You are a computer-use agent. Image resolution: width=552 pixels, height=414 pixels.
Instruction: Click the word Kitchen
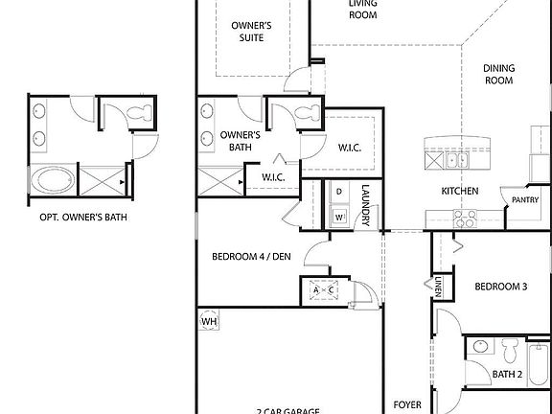pos(459,192)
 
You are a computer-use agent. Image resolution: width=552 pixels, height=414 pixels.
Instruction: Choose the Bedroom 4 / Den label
pos(250,256)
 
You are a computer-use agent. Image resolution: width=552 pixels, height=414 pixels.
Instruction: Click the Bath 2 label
pos(507,374)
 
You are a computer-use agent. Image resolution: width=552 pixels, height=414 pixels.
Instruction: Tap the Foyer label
pos(407,405)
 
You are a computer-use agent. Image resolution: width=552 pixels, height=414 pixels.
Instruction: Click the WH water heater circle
pos(209,322)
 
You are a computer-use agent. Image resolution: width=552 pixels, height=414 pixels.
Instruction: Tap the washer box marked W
pos(338,217)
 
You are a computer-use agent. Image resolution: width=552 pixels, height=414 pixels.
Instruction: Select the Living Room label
pos(362,9)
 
